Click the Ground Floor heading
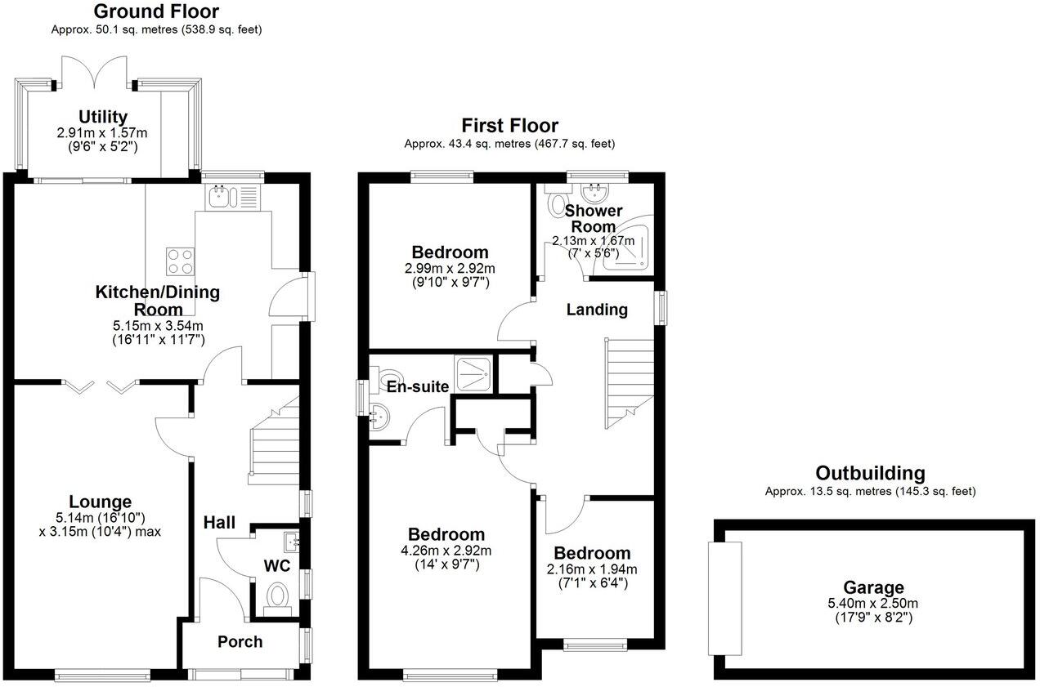click(x=156, y=11)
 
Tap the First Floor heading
click(x=509, y=125)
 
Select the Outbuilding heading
click(x=870, y=473)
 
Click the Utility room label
click(x=103, y=117)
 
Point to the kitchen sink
click(x=221, y=196)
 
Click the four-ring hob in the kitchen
click(x=180, y=261)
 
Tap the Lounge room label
click(x=100, y=502)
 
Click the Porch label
click(x=240, y=642)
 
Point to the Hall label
click(x=219, y=522)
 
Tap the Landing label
click(x=598, y=310)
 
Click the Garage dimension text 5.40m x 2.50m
click(x=874, y=604)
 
